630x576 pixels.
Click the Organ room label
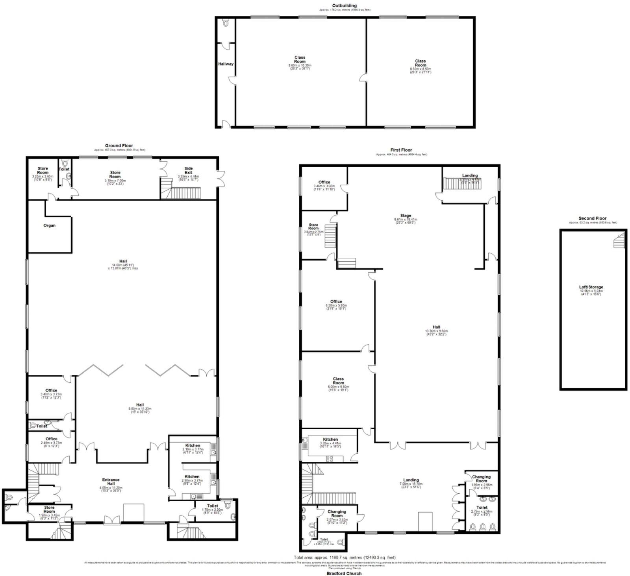[49, 225]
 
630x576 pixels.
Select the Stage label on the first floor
[406, 216]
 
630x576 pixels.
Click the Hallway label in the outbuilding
[226, 64]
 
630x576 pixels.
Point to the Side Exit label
[188, 171]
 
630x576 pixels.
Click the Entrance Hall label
[111, 482]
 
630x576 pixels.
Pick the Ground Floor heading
[119, 146]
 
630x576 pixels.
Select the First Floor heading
[401, 150]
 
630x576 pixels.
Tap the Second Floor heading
[592, 218]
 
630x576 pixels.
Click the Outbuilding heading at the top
[345, 6]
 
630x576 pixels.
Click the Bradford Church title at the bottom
[344, 573]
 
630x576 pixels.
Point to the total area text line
[345, 558]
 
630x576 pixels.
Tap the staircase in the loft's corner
[619, 240]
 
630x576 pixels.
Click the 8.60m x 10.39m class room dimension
[300, 65]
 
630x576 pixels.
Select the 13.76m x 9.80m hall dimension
[436, 331]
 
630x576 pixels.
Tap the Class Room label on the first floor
[338, 381]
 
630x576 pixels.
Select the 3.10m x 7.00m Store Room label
[115, 175]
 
